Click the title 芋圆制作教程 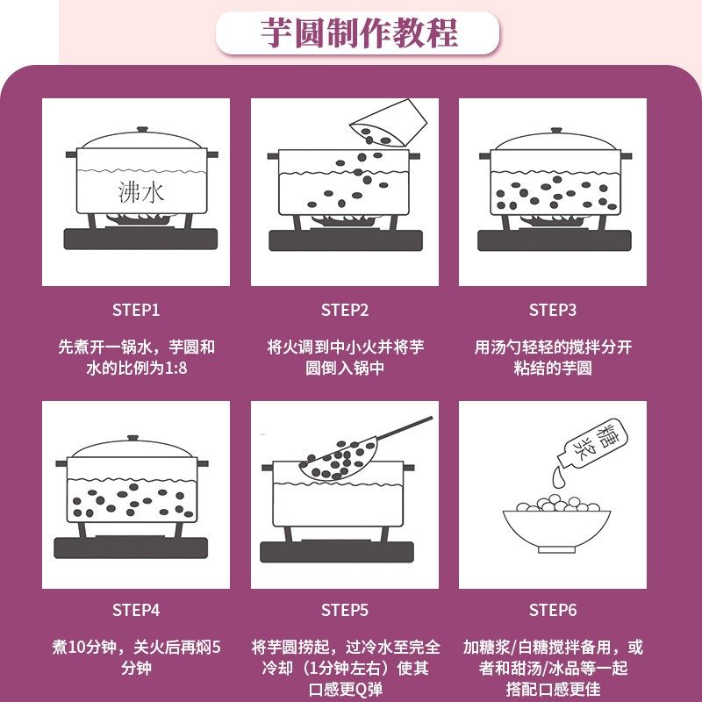pos(359,32)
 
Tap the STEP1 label pos(136,310)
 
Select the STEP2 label pos(345,310)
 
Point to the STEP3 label pos(553,310)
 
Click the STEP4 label pos(136,610)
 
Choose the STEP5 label pos(345,610)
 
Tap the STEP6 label pos(553,610)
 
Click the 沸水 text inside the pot pos(140,192)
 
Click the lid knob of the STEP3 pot pos(555,132)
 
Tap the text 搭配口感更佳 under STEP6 pos(553,689)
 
